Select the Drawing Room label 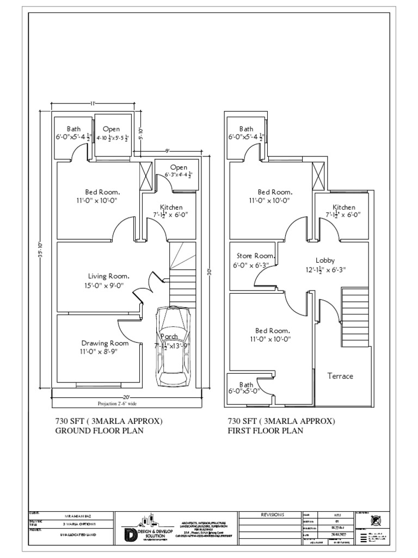click(x=105, y=343)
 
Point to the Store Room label click(x=254, y=256)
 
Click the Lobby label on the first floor click(x=325, y=260)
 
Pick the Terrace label click(x=340, y=376)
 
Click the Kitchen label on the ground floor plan click(x=171, y=207)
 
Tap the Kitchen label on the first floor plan click(x=344, y=207)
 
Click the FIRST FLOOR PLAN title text click(x=266, y=430)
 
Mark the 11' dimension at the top click(x=93, y=104)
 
